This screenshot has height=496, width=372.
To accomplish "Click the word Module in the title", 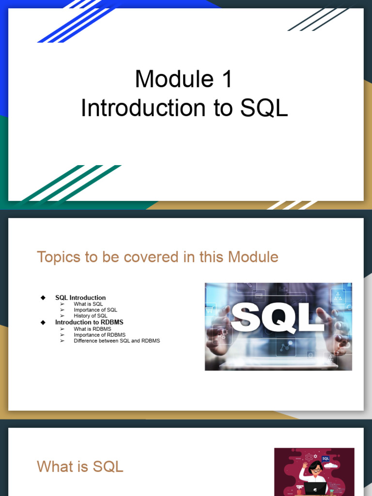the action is pos(174,79).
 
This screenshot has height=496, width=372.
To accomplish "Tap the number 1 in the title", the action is pos(228,79).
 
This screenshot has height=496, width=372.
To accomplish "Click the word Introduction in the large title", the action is pos(143,108).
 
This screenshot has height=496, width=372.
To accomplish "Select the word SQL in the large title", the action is pos(264,108).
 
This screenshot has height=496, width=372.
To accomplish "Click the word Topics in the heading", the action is pos(59,257).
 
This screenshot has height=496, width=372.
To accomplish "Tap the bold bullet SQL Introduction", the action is pos(80,298).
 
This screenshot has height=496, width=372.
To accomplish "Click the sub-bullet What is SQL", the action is pos(88,304).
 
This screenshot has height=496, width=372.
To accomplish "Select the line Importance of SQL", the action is pos(95,310).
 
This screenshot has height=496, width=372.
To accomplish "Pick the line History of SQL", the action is pos(91,316).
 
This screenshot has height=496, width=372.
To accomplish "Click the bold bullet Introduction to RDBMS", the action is pos(89,322).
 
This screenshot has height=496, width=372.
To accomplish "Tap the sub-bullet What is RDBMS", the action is pos(93,329).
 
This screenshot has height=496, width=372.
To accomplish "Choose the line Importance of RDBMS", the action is pos(100,335).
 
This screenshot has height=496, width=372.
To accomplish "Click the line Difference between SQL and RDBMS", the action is pos(117,341).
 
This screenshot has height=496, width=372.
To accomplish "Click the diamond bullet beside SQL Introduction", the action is pos(43,298).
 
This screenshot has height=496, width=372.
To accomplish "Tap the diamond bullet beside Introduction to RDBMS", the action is pos(43,322).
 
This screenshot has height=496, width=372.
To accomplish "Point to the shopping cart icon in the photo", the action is pos(210,310).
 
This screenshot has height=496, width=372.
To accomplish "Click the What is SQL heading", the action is pos(80,466).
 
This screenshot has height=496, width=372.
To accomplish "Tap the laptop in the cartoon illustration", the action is pos(315,488).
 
